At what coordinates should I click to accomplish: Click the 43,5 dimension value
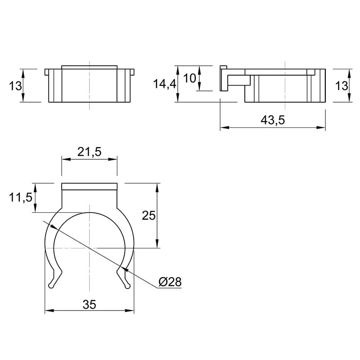(273, 120)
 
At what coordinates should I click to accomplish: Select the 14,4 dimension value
(165, 84)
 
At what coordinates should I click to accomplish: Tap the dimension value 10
(189, 78)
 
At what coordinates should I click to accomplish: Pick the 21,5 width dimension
(89, 152)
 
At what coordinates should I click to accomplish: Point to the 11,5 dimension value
(21, 198)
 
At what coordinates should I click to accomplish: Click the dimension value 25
(149, 216)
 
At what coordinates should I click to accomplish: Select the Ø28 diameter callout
(170, 282)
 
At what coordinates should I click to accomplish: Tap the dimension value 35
(89, 305)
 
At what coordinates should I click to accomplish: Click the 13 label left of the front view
(15, 86)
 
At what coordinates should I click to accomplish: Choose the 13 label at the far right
(342, 86)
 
